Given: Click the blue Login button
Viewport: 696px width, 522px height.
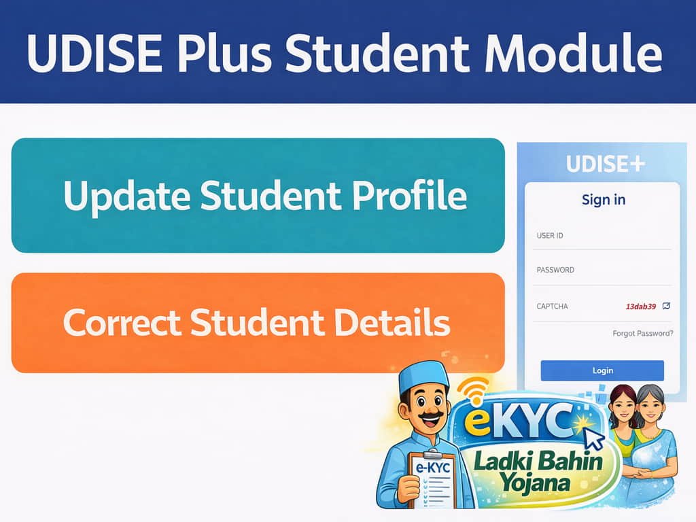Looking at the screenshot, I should click(602, 370).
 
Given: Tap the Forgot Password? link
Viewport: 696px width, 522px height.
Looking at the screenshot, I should click(642, 334).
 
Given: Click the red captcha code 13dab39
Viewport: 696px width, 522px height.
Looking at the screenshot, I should click(640, 307).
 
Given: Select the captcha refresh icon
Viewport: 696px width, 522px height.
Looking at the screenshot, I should click(666, 306).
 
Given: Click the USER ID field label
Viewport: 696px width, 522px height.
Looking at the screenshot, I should click(550, 236).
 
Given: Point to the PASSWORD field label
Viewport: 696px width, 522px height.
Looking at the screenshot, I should click(555, 270).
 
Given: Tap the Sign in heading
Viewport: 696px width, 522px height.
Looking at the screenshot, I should click(604, 200).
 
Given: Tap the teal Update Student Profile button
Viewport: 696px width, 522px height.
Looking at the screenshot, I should click(258, 196).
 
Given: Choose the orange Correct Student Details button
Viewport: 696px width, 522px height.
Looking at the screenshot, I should click(258, 323).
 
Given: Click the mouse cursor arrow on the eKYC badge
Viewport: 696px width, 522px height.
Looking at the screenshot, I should click(594, 440).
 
